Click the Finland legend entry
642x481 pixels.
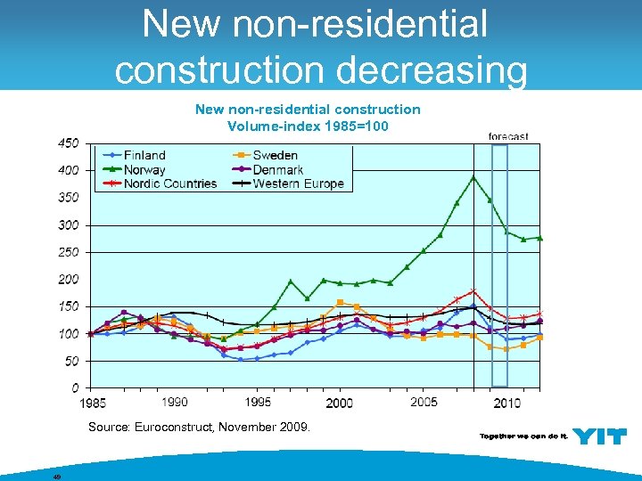(144, 156)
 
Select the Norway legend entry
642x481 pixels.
(144, 170)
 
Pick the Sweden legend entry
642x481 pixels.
(276, 156)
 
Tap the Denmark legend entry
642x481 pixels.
(278, 170)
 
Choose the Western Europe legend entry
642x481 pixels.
(298, 183)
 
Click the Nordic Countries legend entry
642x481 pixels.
(170, 183)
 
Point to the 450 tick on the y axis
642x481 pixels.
(69, 143)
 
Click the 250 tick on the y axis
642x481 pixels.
(69, 252)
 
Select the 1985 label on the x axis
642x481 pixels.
(92, 404)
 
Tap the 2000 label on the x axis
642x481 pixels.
(340, 404)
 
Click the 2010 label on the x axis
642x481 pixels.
(507, 404)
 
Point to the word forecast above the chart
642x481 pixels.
(508, 136)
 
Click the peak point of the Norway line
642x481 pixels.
(473, 176)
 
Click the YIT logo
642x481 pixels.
(599, 436)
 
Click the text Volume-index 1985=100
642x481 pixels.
(308, 126)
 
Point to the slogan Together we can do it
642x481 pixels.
(523, 436)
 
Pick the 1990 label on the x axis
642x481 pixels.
(175, 404)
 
